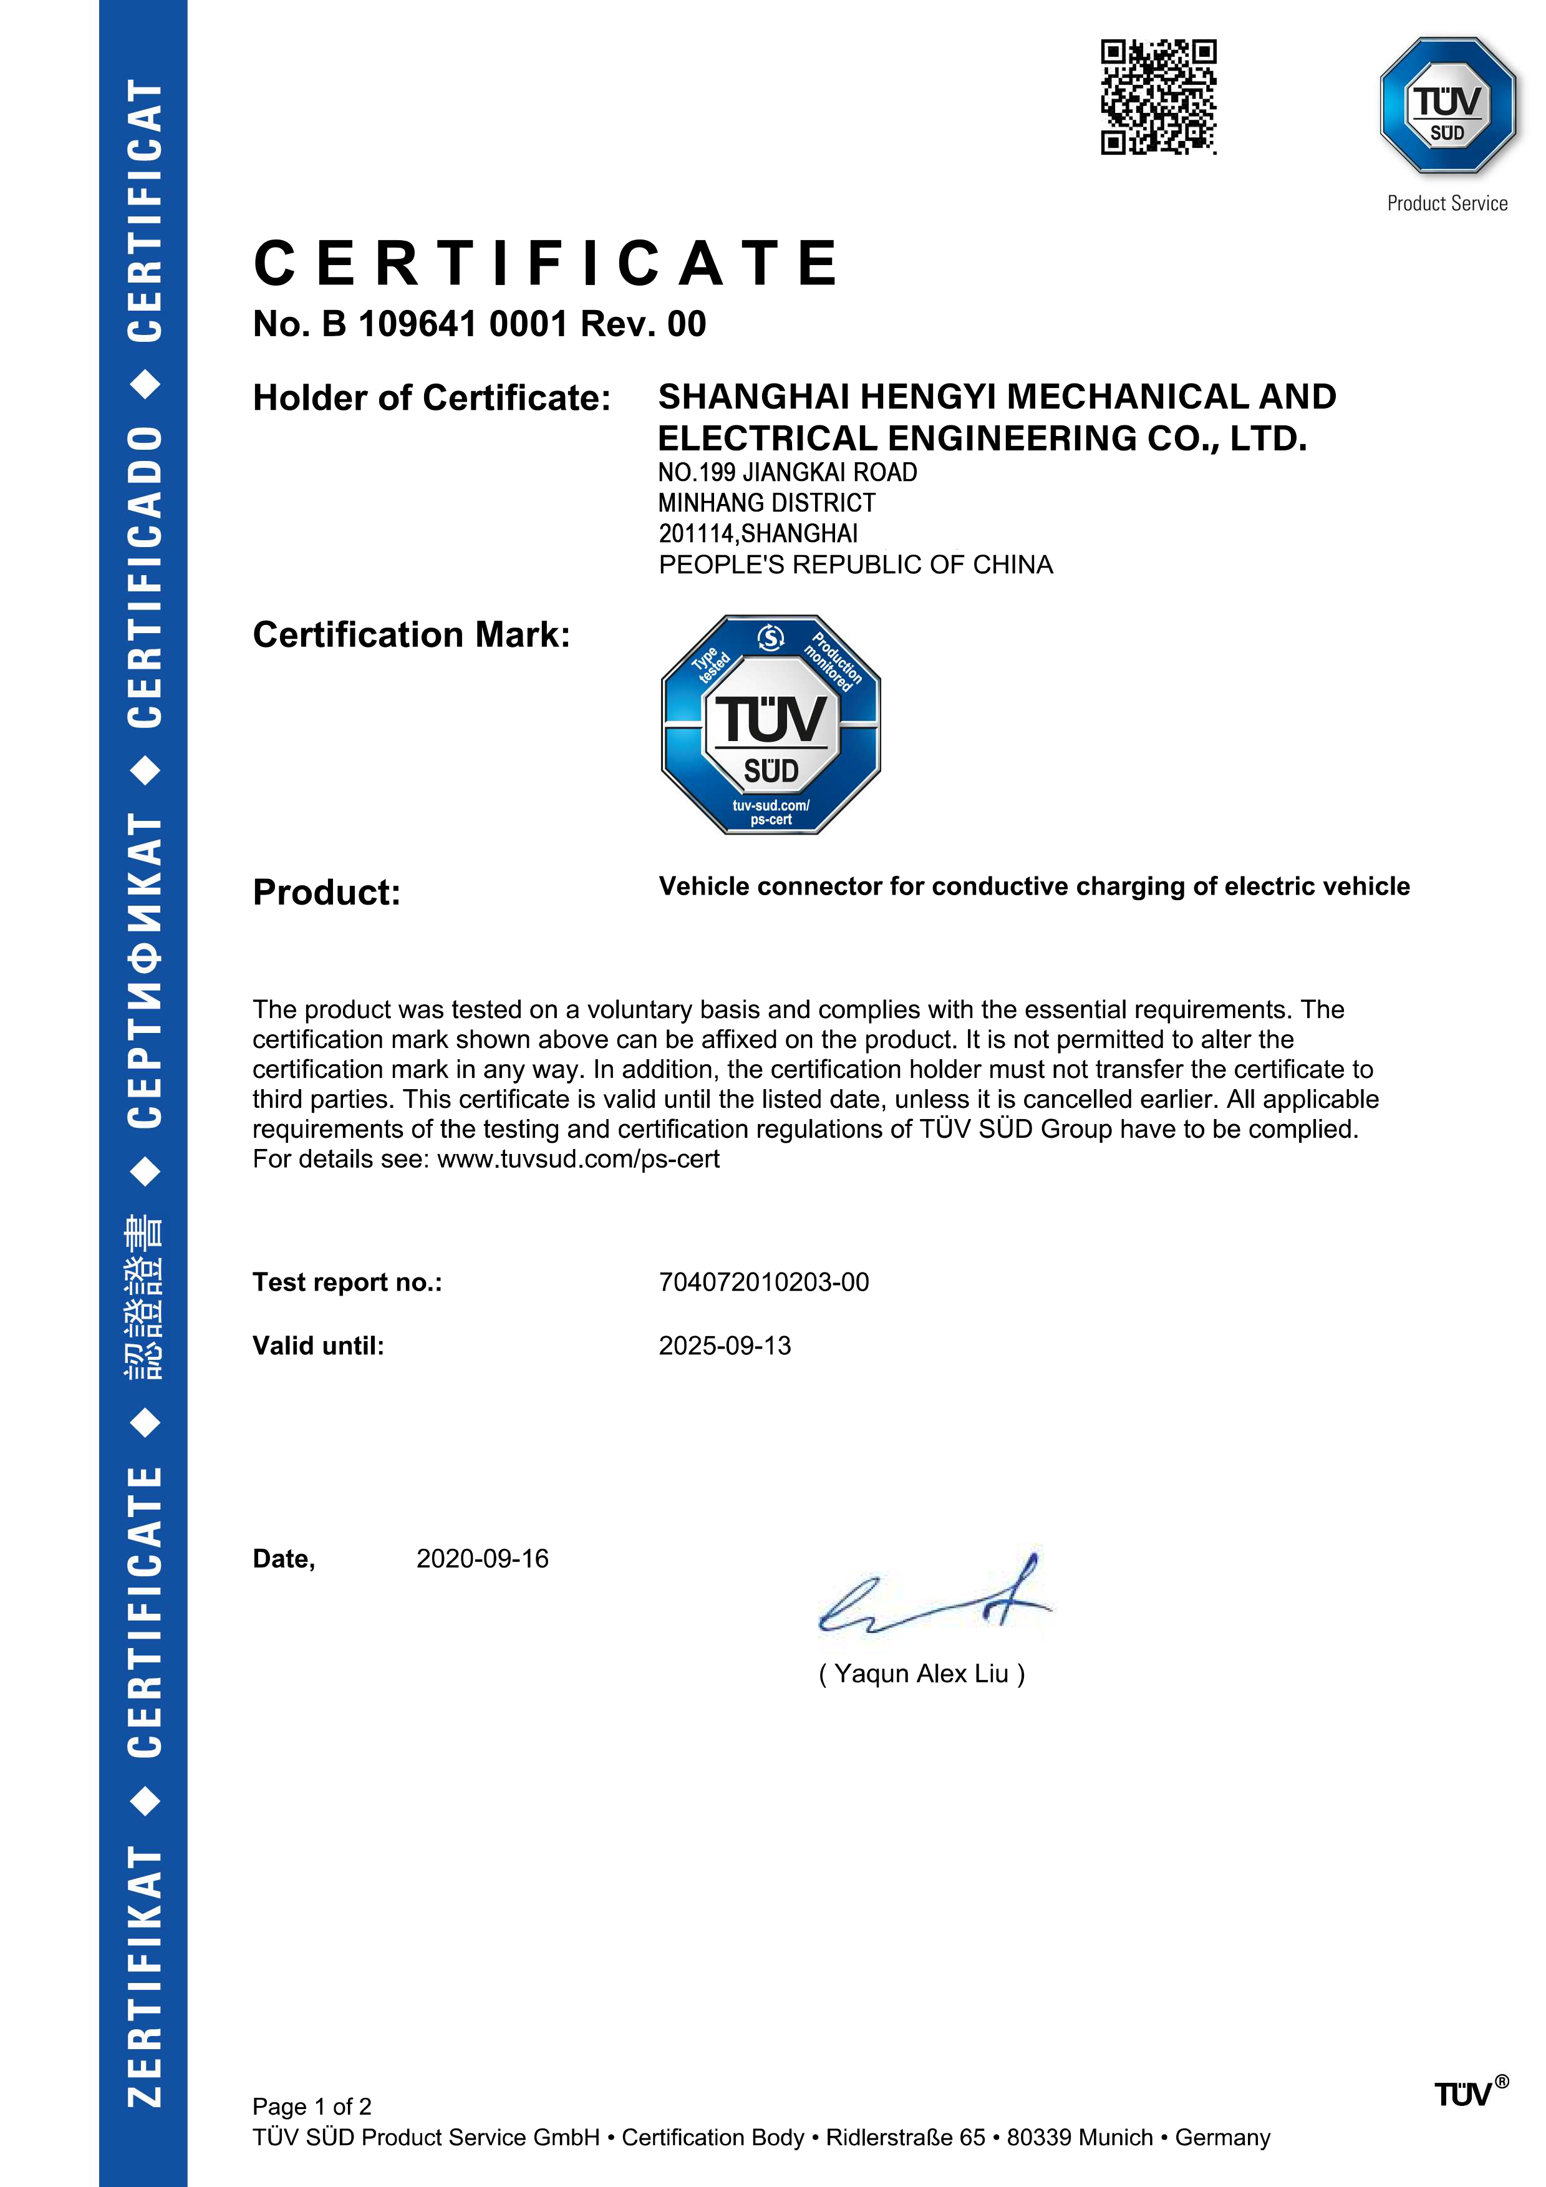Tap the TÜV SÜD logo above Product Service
1447,105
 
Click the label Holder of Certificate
430,398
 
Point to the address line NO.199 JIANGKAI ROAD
787,472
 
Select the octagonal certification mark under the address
771,725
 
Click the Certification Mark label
410,634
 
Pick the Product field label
326,893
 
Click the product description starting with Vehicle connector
1033,887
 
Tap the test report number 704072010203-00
763,1282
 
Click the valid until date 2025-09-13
724,1346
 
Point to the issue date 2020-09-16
482,1559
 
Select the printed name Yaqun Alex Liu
921,1674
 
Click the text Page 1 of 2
311,2106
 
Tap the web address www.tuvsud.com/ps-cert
578,1159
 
